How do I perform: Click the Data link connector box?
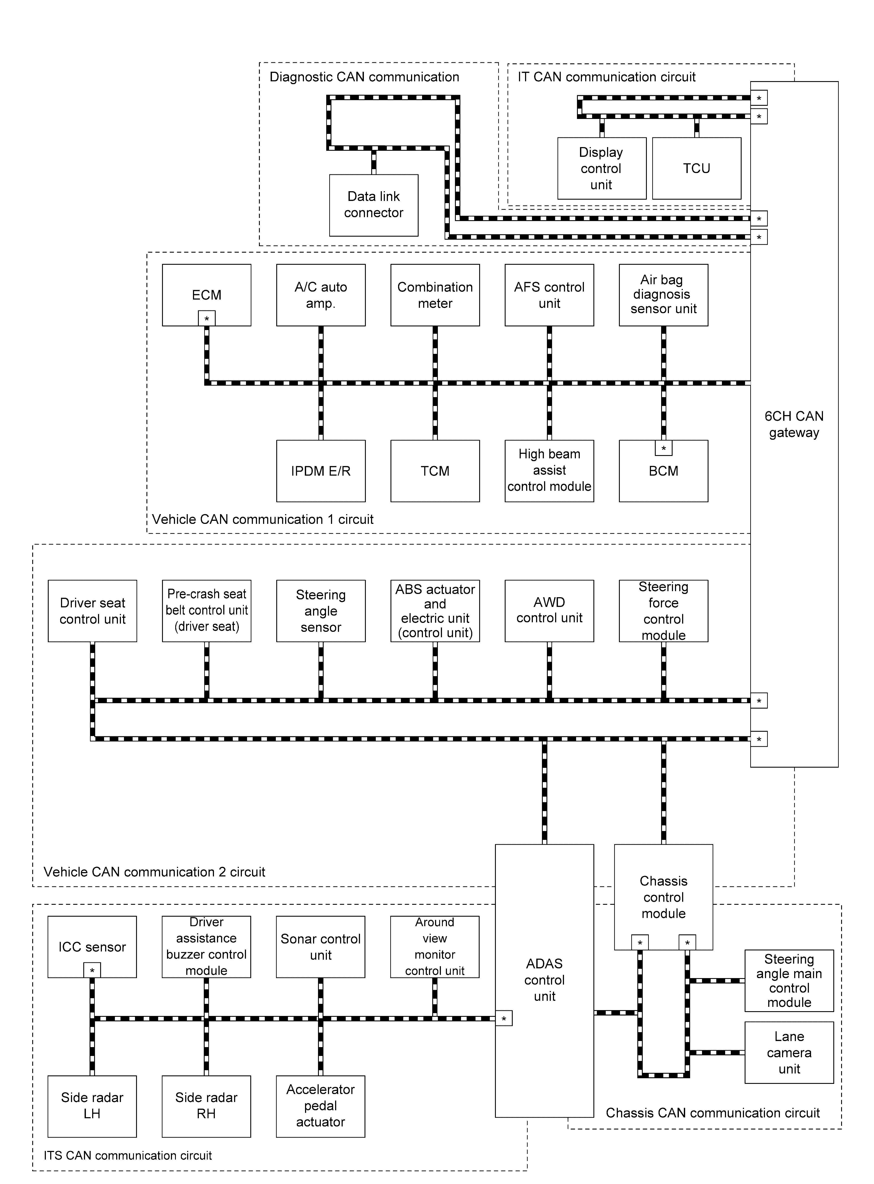pos(374,205)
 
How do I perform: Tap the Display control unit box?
pos(602,168)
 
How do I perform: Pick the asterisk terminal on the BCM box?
pos(664,448)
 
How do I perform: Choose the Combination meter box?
pos(435,295)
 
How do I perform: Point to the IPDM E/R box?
pos(321,471)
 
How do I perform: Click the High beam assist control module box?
pos(549,471)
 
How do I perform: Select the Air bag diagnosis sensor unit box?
pos(664,295)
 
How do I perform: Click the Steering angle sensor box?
pos(321,611)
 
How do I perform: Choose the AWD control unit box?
pos(549,611)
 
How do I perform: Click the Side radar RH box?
pos(206,1106)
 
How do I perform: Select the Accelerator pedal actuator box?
pos(321,1106)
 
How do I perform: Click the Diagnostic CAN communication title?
pos(365,77)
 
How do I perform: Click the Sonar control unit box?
pos(321,947)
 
